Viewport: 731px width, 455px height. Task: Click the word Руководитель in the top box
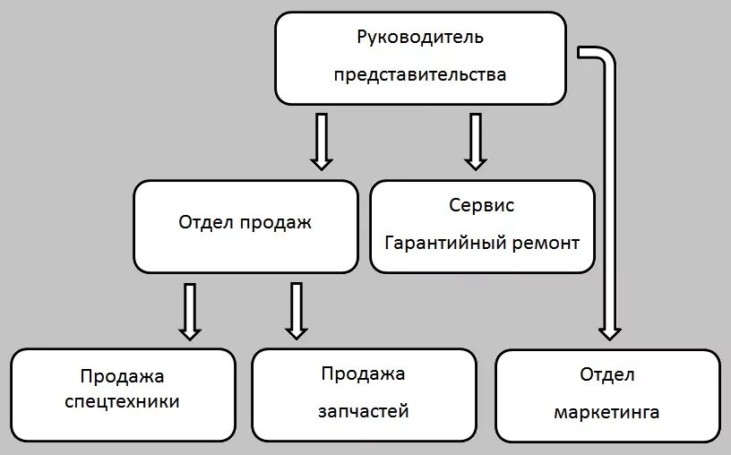[x=419, y=38]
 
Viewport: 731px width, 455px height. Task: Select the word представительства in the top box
[x=419, y=75]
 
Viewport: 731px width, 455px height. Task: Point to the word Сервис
[x=482, y=205]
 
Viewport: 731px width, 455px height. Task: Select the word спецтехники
[x=123, y=402]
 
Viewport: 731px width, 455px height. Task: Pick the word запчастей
[x=364, y=411]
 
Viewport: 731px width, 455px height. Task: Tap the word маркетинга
[x=606, y=412]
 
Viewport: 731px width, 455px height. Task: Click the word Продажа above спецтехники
[x=123, y=376]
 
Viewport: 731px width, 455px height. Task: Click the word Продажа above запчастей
[x=364, y=373]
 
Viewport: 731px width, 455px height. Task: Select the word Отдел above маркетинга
[x=606, y=374]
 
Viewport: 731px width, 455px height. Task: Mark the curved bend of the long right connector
[x=607, y=56]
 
